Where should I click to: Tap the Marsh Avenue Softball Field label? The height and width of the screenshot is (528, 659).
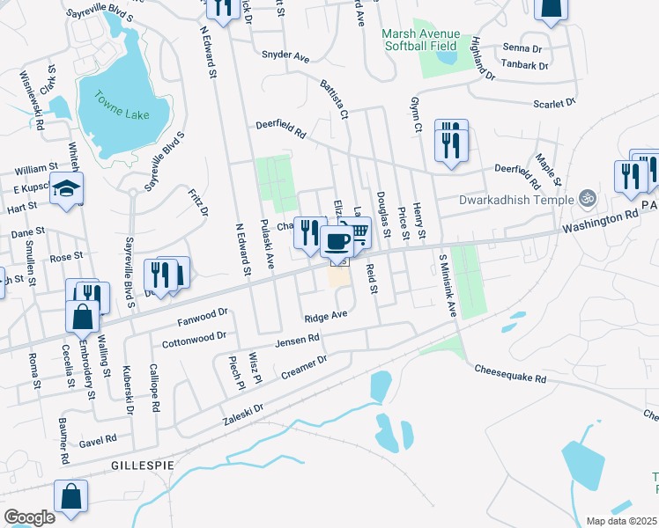click(x=420, y=40)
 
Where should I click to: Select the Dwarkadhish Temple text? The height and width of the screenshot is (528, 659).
click(x=515, y=199)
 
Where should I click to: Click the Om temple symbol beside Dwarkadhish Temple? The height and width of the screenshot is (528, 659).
click(x=583, y=199)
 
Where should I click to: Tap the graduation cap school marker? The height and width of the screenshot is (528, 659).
click(x=66, y=189)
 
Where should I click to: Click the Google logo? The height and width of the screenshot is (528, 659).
click(x=29, y=517)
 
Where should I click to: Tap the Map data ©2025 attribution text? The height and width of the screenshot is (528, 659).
click(x=622, y=521)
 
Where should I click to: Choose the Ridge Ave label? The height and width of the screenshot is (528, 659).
click(x=326, y=316)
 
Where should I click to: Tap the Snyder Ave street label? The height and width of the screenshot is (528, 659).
click(x=285, y=56)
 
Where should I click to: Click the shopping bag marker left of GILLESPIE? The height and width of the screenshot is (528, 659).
click(x=70, y=495)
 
